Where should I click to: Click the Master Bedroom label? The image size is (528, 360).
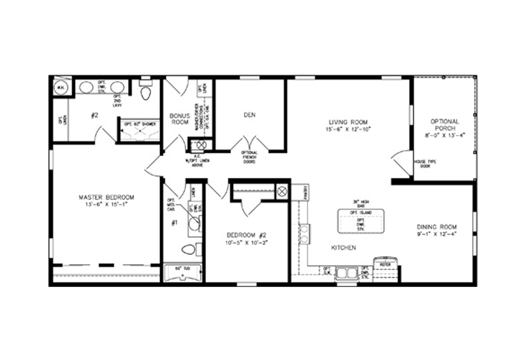coord(106,197)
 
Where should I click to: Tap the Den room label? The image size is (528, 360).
coord(249,115)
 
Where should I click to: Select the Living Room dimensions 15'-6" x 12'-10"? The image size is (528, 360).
coord(348,129)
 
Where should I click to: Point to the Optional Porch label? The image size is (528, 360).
coord(445,125)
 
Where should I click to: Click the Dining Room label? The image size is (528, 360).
coord(437,227)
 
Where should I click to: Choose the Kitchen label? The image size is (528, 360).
coord(343,248)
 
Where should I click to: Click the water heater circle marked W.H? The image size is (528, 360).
coord(60,87)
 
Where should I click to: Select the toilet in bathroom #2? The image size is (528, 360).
coord(146,92)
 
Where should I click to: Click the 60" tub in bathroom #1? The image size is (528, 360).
coord(182,272)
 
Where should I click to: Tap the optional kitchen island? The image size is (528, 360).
coord(360,221)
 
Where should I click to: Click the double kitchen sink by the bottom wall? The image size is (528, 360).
coord(346,273)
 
